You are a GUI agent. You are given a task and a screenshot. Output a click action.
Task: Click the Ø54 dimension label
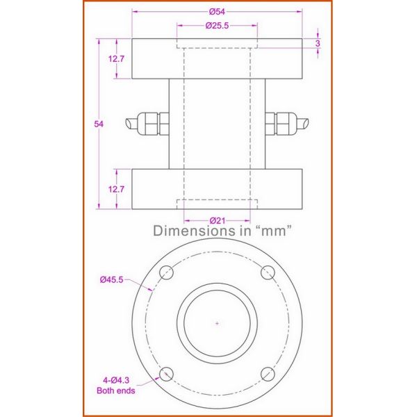218,11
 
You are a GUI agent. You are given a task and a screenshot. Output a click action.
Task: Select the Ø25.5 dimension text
218,26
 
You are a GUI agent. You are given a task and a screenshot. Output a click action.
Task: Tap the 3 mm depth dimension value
318,43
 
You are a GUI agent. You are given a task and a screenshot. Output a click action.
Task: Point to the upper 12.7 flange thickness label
116,59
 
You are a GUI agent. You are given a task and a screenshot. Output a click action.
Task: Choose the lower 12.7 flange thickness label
116,189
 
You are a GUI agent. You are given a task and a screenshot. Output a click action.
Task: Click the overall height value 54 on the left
99,124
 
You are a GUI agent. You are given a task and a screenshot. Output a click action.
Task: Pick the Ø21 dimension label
217,221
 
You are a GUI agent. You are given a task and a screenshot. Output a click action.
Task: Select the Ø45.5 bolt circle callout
113,279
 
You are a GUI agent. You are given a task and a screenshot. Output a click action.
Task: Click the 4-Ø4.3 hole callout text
113,380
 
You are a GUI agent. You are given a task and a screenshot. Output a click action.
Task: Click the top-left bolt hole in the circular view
166,273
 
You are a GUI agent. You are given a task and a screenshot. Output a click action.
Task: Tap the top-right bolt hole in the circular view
269,273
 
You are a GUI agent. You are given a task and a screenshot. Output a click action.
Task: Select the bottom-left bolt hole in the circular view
166,375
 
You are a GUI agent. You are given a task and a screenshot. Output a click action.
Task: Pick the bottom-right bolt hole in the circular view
269,375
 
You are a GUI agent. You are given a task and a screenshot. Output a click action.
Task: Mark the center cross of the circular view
218,324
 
